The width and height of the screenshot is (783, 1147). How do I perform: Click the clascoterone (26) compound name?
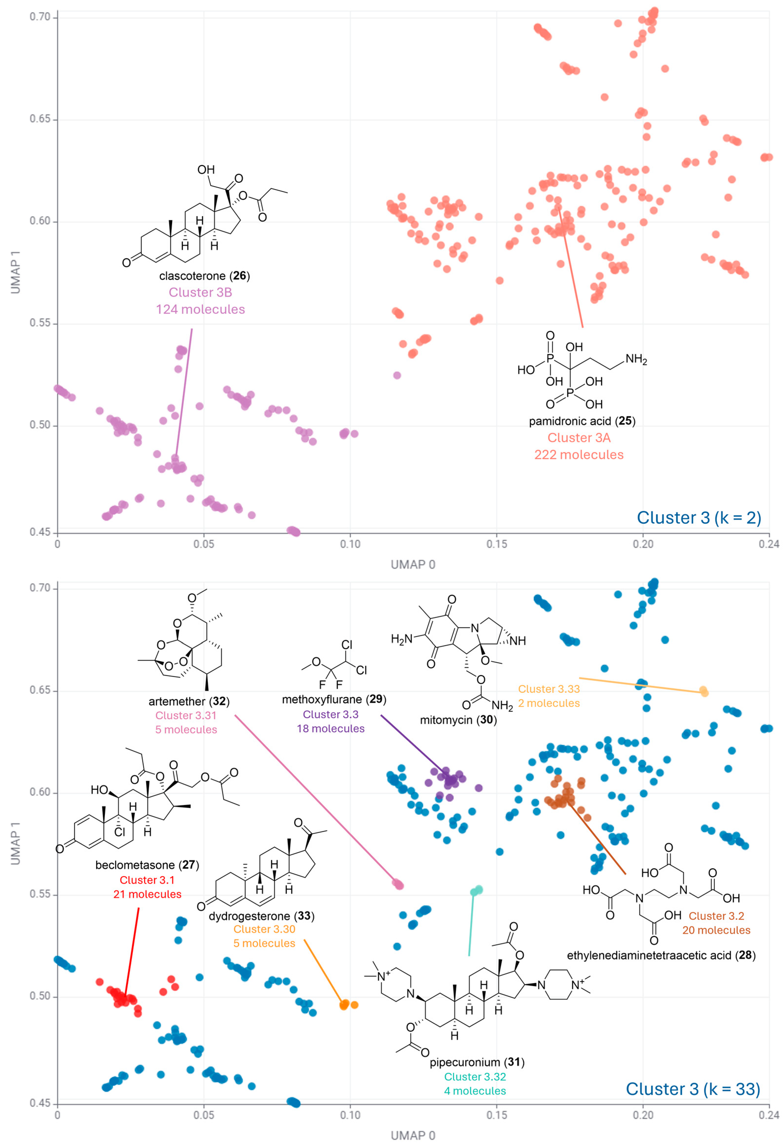204,276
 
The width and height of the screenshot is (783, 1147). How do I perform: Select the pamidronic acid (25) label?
582,421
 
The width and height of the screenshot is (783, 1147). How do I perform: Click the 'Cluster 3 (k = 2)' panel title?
699,518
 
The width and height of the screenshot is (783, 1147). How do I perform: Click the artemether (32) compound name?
189,701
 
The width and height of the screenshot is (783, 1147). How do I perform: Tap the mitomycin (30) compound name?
458,720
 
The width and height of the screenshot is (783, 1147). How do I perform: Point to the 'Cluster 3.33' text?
548,689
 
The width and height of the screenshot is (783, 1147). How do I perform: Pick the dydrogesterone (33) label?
261,916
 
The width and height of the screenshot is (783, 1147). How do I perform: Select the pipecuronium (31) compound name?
477,1062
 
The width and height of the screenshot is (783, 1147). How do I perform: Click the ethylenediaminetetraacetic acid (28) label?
661,955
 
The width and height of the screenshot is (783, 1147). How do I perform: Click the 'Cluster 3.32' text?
475,1076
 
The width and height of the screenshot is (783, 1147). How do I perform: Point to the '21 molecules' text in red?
147,894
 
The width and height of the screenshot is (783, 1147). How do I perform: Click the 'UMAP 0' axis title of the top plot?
413,565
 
